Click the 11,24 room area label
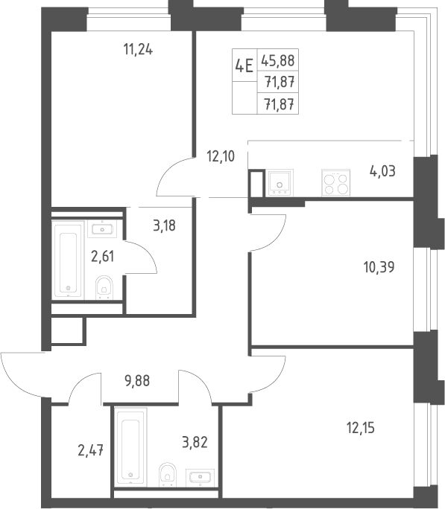point(138,50)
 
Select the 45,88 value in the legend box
point(278,60)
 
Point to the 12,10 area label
point(221,156)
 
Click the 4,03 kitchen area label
point(382,171)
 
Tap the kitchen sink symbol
point(280,183)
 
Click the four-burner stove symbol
point(336,183)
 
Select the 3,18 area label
point(164,225)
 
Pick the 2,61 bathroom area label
point(103,257)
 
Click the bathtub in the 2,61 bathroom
point(68,260)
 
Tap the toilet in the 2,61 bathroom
point(104,287)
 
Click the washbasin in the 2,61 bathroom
point(102,228)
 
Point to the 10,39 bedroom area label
point(379,267)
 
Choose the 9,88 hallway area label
point(137,381)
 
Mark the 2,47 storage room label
point(91,450)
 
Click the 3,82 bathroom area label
point(195,442)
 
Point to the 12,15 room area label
point(361,428)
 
